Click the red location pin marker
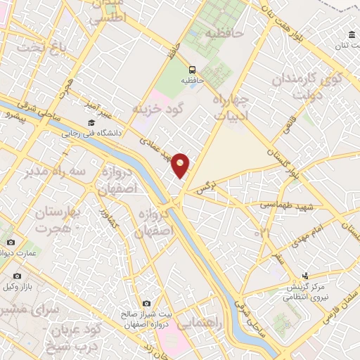tap(181, 165)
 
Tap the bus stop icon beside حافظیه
tap(192, 69)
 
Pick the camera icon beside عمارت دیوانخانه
tap(11, 243)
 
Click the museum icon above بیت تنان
tap(352, 35)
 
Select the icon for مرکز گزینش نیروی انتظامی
tap(305, 276)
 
